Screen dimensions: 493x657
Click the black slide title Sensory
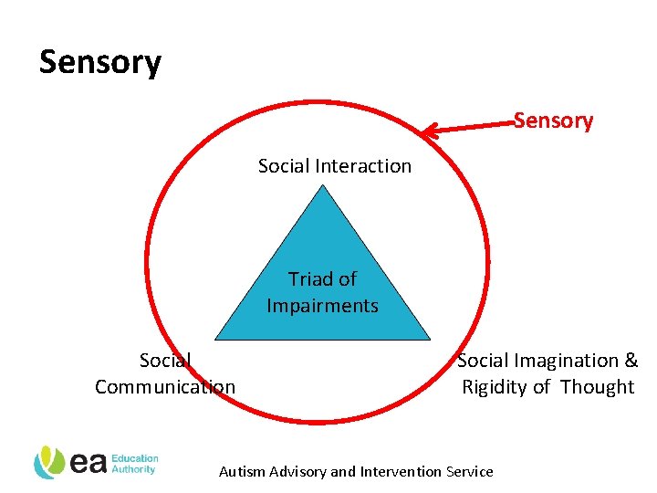pos(100,62)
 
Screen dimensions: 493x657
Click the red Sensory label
pos(553,121)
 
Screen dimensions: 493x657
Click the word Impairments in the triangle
pos(322,306)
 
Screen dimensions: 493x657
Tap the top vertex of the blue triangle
pos(322,186)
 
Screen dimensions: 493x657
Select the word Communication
pos(165,387)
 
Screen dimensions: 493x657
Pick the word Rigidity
pos(495,387)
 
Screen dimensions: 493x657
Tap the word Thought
pos(598,387)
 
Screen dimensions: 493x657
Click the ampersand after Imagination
pos(631,361)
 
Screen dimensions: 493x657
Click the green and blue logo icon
pos(48,463)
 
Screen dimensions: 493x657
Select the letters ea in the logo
pos(89,463)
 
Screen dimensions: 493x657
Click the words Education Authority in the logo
pos(136,464)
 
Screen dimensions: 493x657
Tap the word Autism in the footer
pos(241,472)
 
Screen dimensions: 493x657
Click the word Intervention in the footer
pos(399,472)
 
